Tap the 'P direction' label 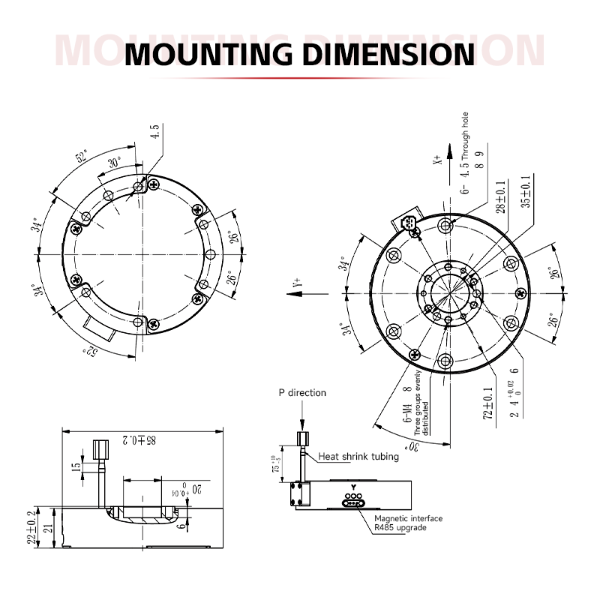click(x=302, y=392)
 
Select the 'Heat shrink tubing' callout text click(x=359, y=455)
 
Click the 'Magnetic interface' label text click(x=408, y=518)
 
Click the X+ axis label click(x=437, y=158)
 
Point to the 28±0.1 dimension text click(x=500, y=196)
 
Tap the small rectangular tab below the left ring click(x=99, y=327)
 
